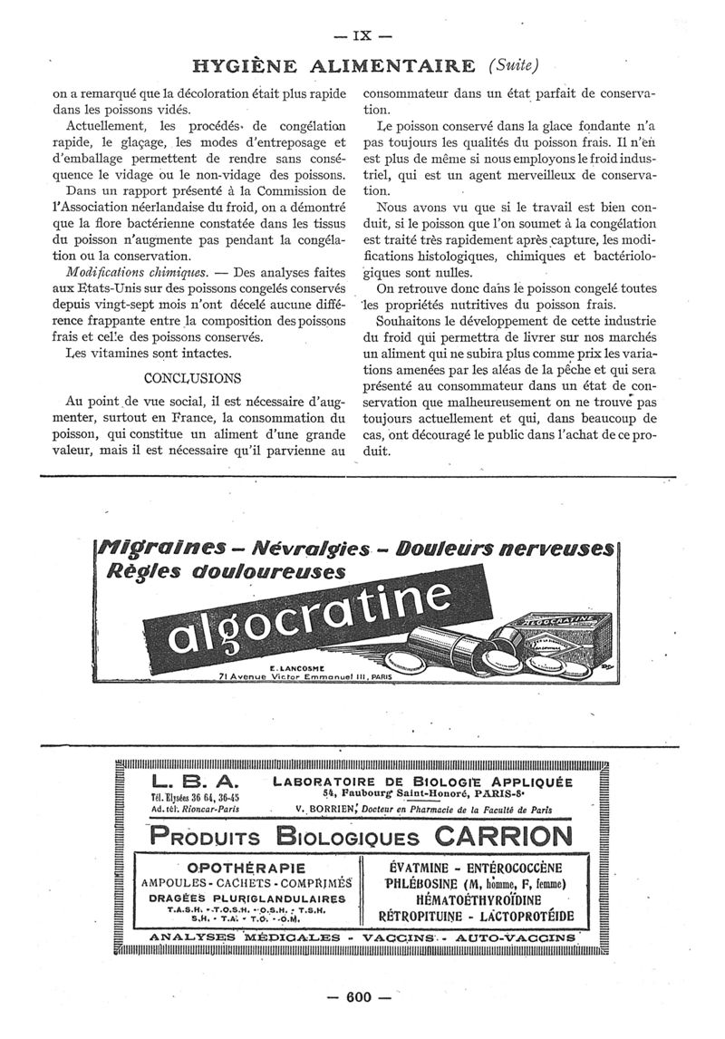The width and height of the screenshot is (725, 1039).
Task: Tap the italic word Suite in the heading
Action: pyautogui.click(x=513, y=65)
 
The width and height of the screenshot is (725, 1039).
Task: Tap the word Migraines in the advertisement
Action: pyautogui.click(x=157, y=550)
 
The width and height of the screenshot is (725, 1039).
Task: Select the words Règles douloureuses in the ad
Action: pyautogui.click(x=227, y=572)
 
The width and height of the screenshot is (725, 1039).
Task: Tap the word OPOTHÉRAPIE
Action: pyautogui.click(x=245, y=868)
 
